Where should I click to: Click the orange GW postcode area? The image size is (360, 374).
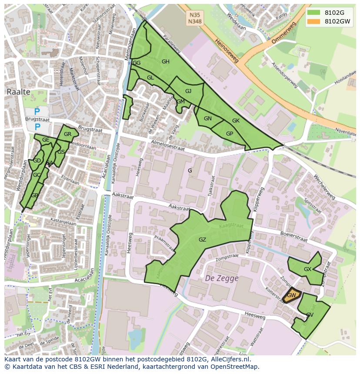291,295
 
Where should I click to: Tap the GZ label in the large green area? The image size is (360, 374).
202,240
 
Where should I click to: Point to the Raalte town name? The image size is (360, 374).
19,92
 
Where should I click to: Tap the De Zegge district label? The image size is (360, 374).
222,278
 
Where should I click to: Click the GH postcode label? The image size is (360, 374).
165,62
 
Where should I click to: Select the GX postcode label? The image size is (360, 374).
307,269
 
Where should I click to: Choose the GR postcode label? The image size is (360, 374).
67,134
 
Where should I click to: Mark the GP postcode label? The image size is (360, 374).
230,134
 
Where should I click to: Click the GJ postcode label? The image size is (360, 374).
188,91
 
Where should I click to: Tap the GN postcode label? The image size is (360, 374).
208,119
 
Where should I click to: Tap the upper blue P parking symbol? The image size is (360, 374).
37,112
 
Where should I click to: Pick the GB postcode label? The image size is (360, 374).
34,195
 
